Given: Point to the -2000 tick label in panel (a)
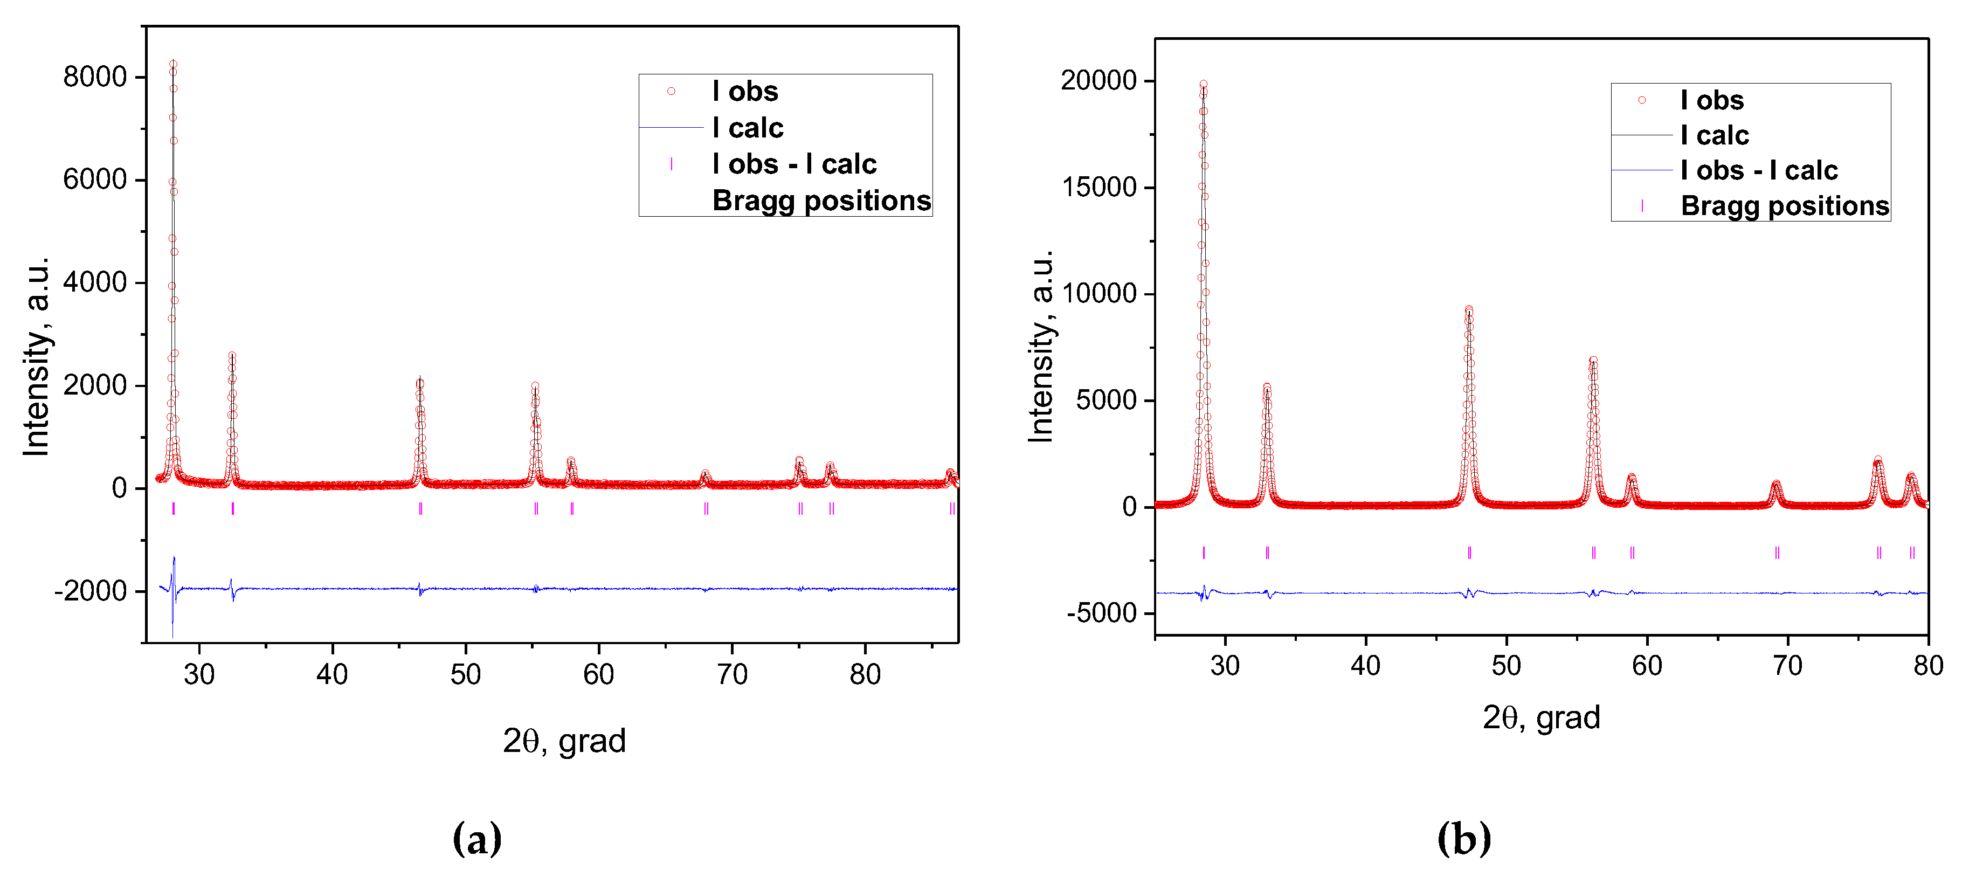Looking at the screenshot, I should (89, 591).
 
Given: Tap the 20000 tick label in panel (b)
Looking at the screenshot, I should (1099, 80).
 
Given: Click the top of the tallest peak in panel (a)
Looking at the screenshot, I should (172, 64).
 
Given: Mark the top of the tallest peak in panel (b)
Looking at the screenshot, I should (1203, 84).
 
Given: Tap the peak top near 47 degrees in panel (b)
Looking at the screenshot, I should (1468, 309).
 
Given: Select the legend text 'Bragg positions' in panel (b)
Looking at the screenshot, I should (1784, 206).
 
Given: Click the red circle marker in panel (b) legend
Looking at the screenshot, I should (1641, 100).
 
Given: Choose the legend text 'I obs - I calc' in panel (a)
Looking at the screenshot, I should (793, 164).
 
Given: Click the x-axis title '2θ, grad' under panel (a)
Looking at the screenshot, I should (564, 740).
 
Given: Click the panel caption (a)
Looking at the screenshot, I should (477, 839).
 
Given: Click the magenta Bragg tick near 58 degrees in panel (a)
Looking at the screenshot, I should (572, 508).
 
